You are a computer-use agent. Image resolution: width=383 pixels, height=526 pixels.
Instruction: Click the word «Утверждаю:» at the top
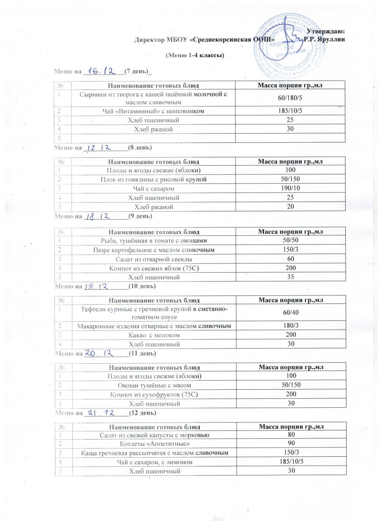[326, 31]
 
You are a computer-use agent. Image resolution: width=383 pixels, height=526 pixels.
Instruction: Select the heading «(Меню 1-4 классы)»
[194, 56]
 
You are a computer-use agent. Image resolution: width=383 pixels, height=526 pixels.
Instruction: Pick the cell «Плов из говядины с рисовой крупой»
[157, 179]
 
